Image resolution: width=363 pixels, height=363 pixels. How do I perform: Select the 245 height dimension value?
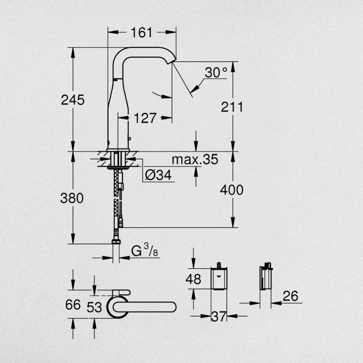pyautogui.click(x=73, y=100)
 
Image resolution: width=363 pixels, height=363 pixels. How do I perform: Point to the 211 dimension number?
pyautogui.click(x=232, y=107)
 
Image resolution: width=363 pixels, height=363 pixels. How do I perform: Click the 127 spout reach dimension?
pyautogui.click(x=145, y=118)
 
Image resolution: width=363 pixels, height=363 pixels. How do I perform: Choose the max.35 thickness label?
pyautogui.click(x=195, y=159)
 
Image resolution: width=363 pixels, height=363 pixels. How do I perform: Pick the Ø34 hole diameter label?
pyautogui.click(x=158, y=175)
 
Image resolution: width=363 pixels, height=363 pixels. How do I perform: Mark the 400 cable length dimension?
pyautogui.click(x=232, y=190)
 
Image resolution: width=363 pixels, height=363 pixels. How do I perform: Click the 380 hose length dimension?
pyautogui.click(x=72, y=198)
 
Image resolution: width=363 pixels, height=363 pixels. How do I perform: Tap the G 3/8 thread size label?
pyautogui.click(x=145, y=250)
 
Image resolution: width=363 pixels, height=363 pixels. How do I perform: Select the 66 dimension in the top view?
pyautogui.click(x=73, y=305)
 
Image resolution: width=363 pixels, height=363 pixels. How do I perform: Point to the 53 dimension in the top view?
pyautogui.click(x=94, y=308)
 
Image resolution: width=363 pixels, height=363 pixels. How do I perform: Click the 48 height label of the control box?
pyautogui.click(x=193, y=279)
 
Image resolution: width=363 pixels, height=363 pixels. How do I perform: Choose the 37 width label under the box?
pyautogui.click(x=218, y=316)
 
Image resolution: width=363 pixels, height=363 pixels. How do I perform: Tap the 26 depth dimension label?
pyautogui.click(x=290, y=296)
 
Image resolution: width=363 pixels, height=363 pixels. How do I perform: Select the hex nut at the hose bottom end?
pyautogui.click(x=116, y=242)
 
